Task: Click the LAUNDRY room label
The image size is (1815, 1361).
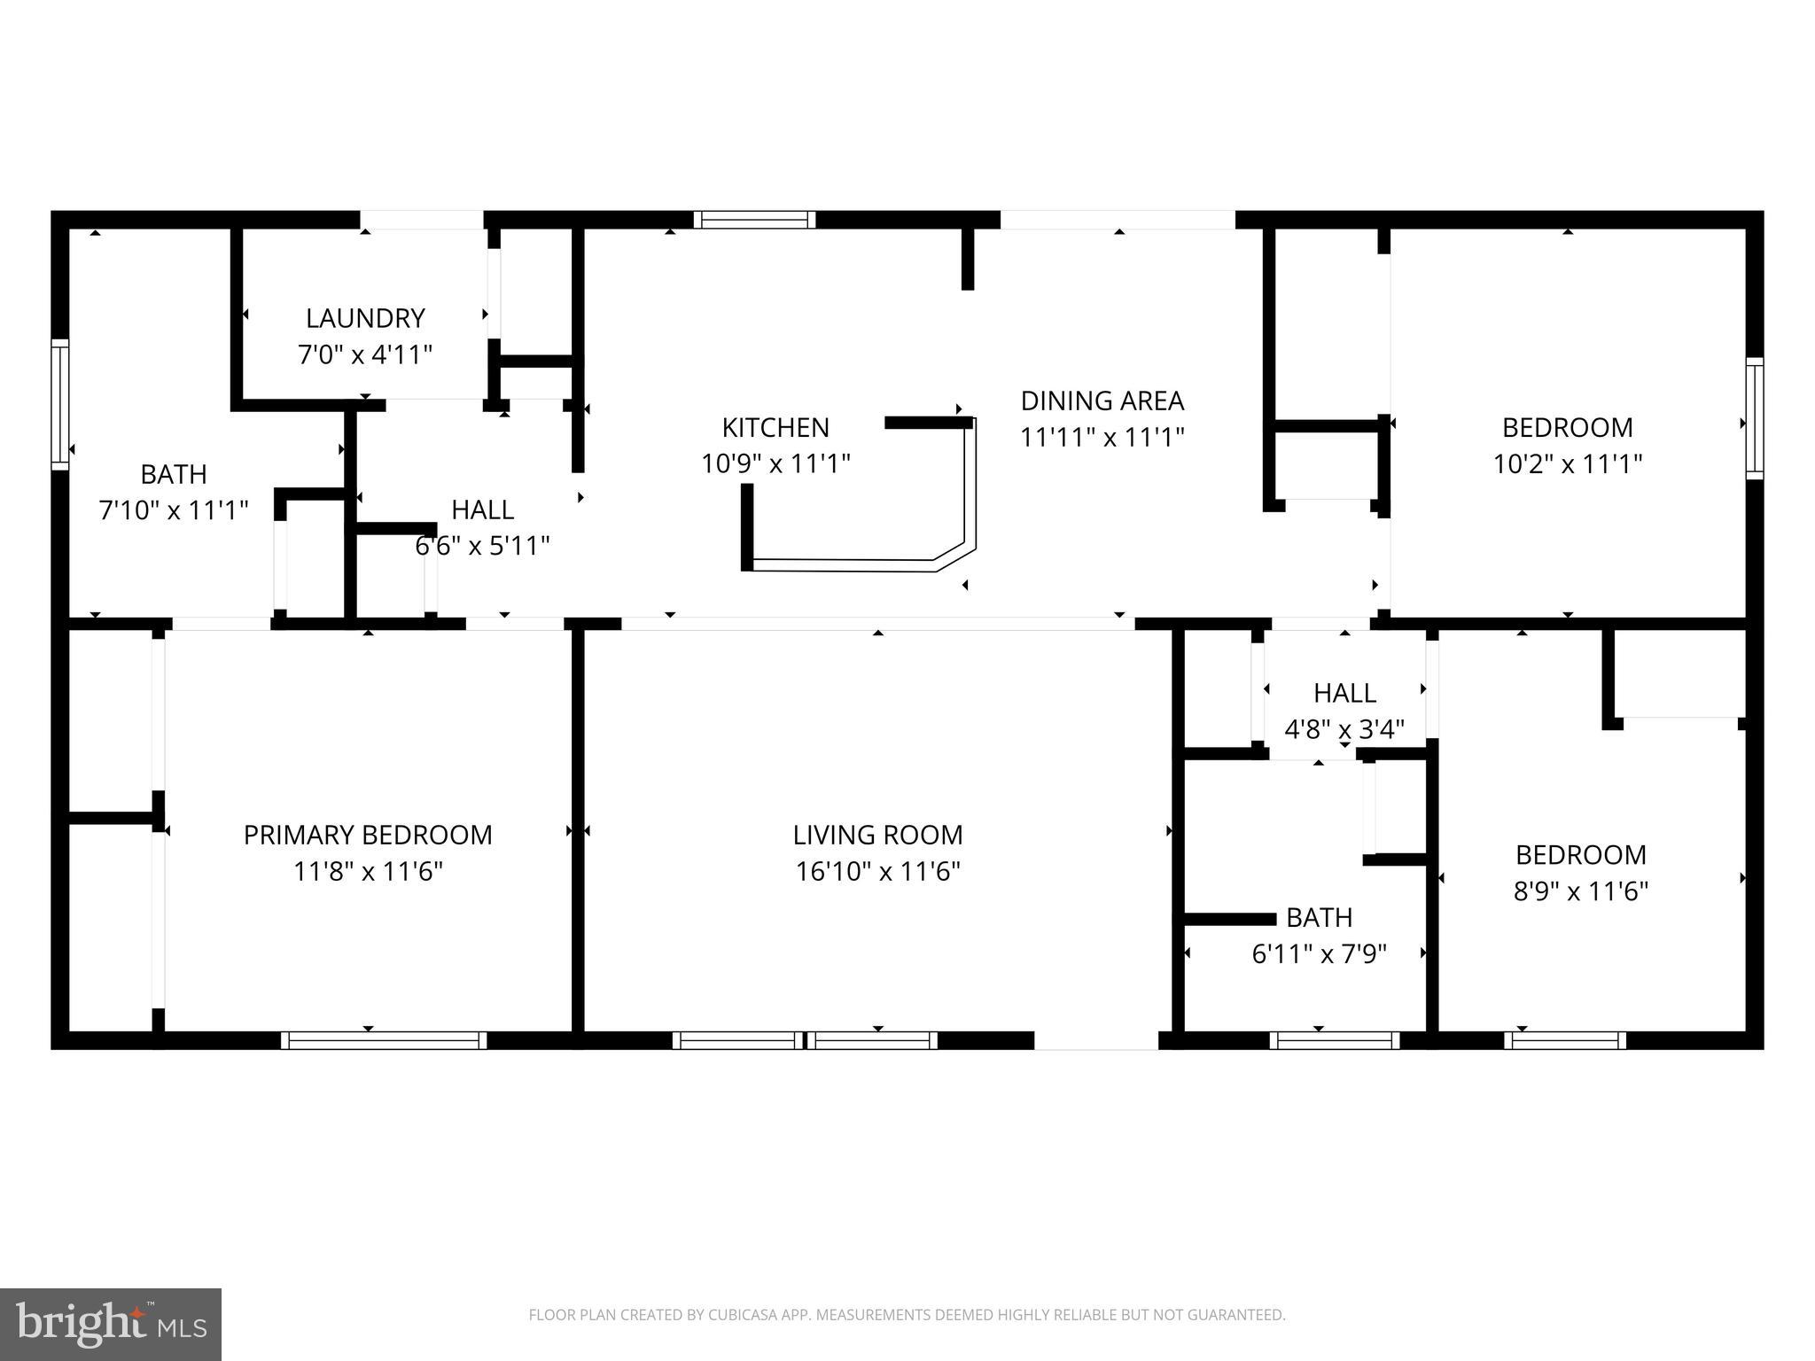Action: click(x=365, y=318)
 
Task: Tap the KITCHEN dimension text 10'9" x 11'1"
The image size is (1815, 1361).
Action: click(x=775, y=463)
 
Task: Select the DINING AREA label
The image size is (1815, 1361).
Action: click(x=1102, y=401)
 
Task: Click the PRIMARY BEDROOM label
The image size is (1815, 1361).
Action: click(x=368, y=836)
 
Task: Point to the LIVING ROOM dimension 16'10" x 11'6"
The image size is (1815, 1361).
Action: click(x=877, y=872)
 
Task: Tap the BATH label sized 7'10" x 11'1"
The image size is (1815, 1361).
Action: click(x=174, y=475)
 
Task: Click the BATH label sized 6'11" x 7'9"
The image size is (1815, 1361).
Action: click(x=1319, y=917)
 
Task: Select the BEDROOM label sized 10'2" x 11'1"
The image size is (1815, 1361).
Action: click(x=1567, y=428)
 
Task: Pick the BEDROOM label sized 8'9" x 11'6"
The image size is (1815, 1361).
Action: click(x=1580, y=855)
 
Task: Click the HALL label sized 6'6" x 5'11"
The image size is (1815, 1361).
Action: click(x=482, y=510)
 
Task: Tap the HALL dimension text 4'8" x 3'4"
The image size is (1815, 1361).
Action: click(x=1344, y=730)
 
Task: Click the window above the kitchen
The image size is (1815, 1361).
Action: click(x=754, y=220)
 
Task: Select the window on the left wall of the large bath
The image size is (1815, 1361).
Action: click(x=60, y=404)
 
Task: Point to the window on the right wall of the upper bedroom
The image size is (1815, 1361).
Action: click(x=1754, y=418)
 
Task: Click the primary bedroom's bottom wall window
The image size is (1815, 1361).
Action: click(x=384, y=1040)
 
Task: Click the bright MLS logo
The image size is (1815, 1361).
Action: click(x=111, y=1325)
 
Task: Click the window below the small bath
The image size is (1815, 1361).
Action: click(x=1334, y=1040)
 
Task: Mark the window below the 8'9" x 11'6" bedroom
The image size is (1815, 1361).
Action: click(x=1565, y=1040)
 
